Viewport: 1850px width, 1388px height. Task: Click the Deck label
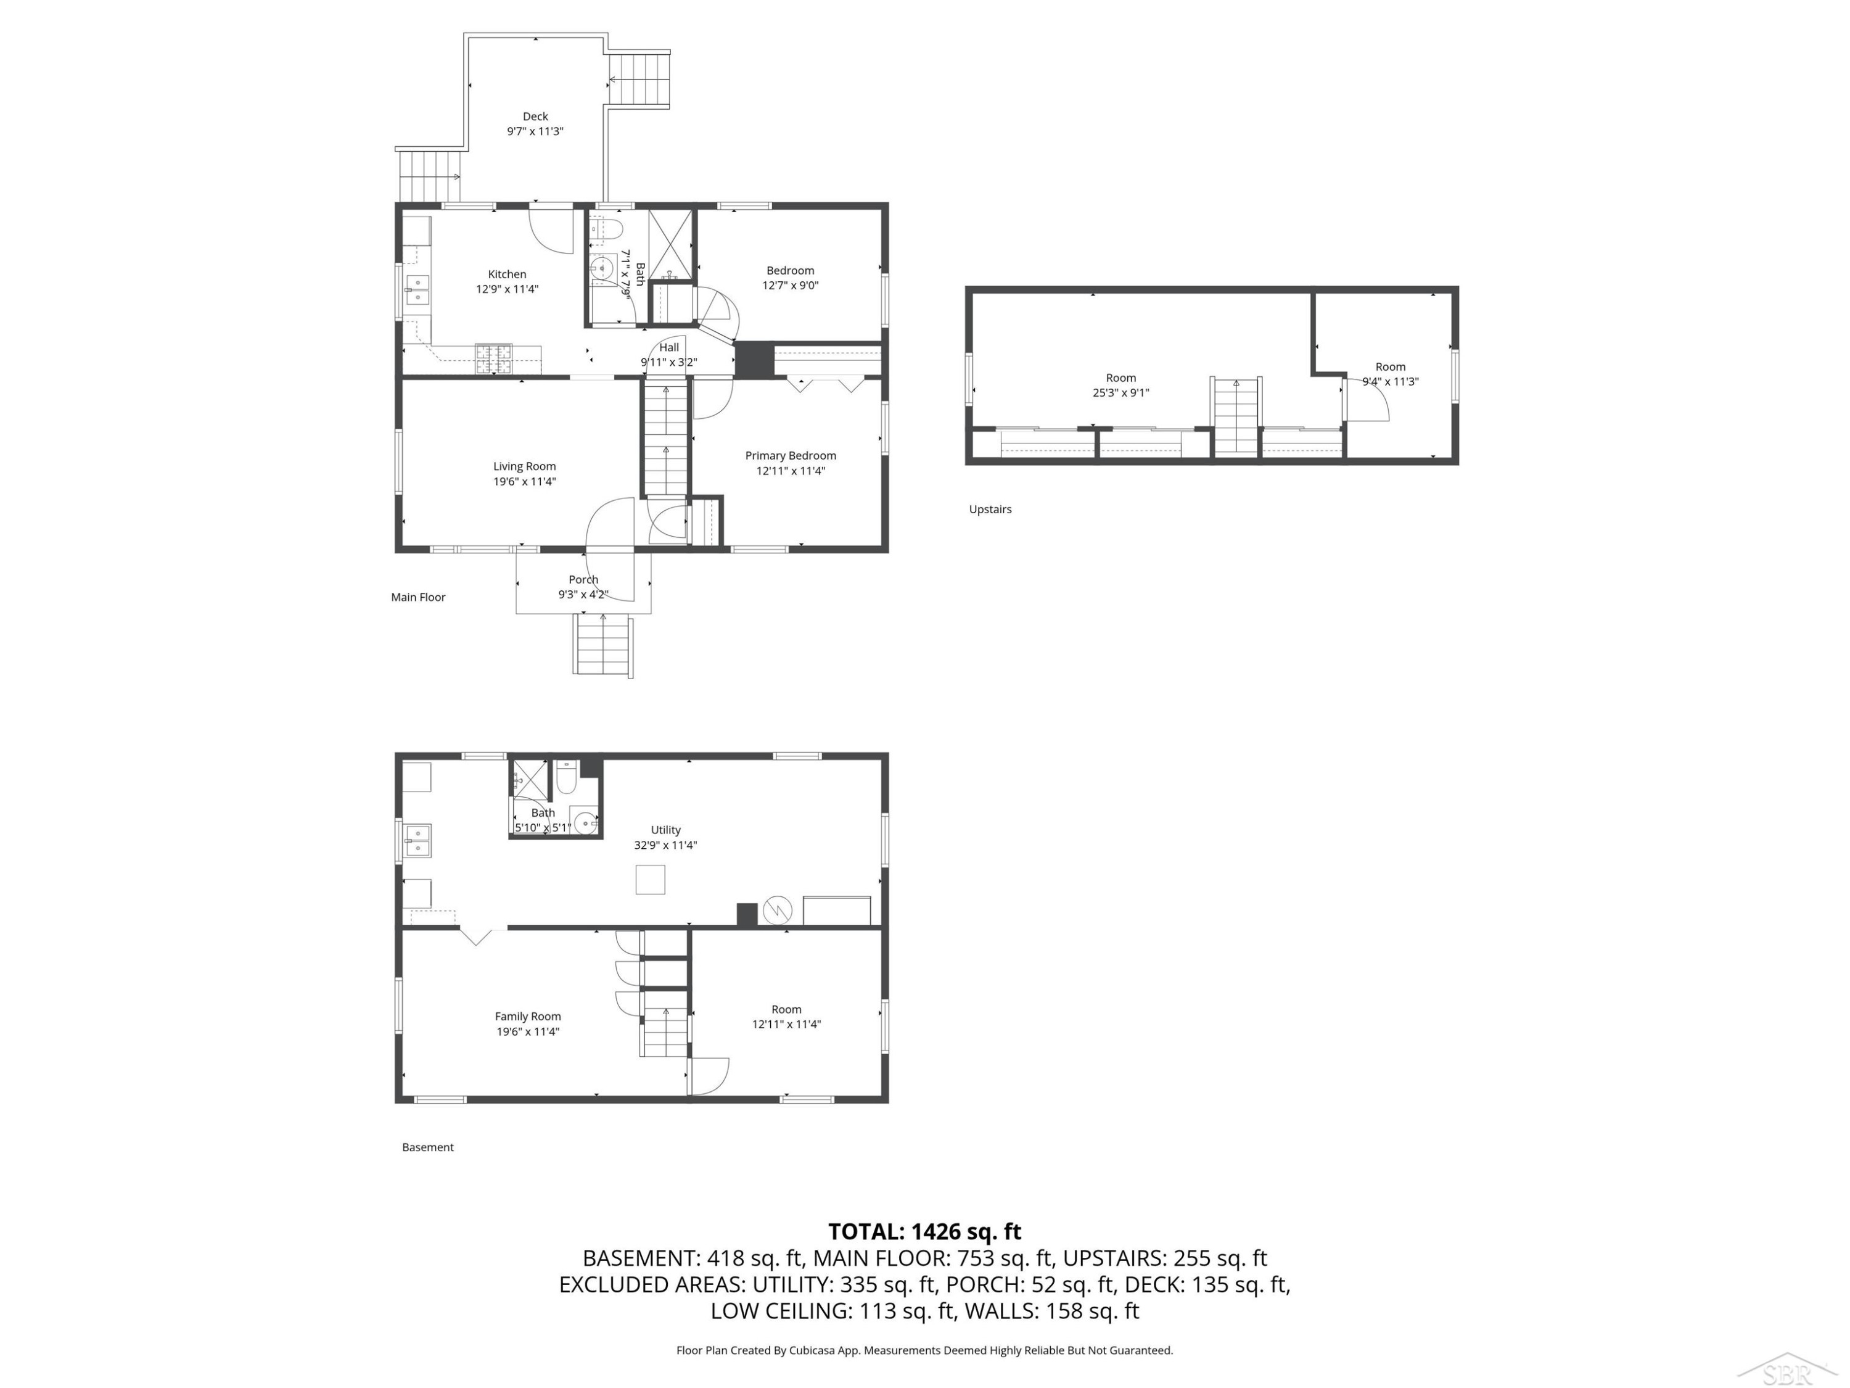535,117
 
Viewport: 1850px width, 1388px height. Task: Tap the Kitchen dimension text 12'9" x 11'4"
507,289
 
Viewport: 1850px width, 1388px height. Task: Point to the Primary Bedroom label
791,456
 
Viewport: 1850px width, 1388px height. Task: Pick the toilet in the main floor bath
606,228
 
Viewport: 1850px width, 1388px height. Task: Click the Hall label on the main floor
669,347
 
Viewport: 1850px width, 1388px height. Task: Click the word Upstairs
990,510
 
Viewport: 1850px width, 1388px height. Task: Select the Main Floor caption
418,597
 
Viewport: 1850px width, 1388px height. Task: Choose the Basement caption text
427,1147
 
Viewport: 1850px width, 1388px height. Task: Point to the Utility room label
666,830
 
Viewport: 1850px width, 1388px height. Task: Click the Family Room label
528,1017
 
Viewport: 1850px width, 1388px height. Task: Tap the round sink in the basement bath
585,822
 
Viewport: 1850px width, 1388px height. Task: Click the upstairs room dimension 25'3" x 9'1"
1120,392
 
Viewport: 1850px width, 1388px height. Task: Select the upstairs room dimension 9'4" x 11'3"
1390,381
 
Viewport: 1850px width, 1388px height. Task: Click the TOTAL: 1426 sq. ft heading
924,1231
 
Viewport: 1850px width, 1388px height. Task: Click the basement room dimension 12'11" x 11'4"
786,1024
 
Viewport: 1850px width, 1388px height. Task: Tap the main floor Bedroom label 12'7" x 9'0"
791,278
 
